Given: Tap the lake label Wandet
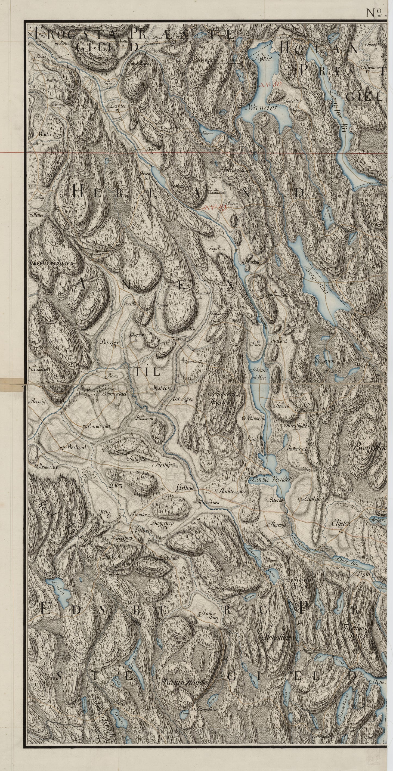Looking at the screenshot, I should (x=262, y=107).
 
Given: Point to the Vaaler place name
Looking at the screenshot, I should (x=45, y=134).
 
